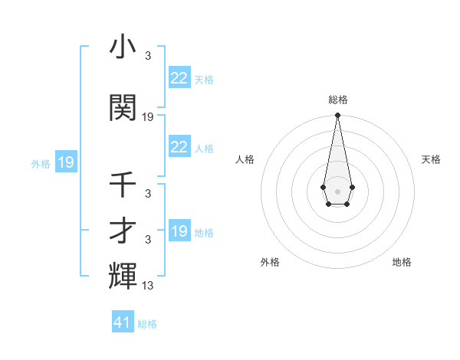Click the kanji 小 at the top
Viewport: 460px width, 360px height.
pos(123,48)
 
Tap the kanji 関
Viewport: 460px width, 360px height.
pos(123,108)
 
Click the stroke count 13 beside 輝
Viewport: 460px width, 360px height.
pos(149,286)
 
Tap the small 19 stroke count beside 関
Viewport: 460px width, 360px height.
pos(148,117)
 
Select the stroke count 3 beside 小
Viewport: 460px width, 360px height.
pos(148,56)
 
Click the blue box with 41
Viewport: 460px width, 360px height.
pos(123,322)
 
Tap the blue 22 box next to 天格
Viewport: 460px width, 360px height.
pos(179,77)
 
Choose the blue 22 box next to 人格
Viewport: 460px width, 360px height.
pos(179,147)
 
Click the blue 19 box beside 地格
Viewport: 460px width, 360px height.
pos(179,231)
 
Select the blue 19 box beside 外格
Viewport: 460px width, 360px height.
pos(65,162)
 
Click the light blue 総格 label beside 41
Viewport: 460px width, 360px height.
pos(147,324)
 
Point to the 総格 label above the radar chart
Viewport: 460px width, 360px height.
pos(338,100)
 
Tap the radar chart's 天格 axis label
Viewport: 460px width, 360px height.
pos(432,159)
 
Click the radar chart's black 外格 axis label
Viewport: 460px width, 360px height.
pos(270,262)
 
